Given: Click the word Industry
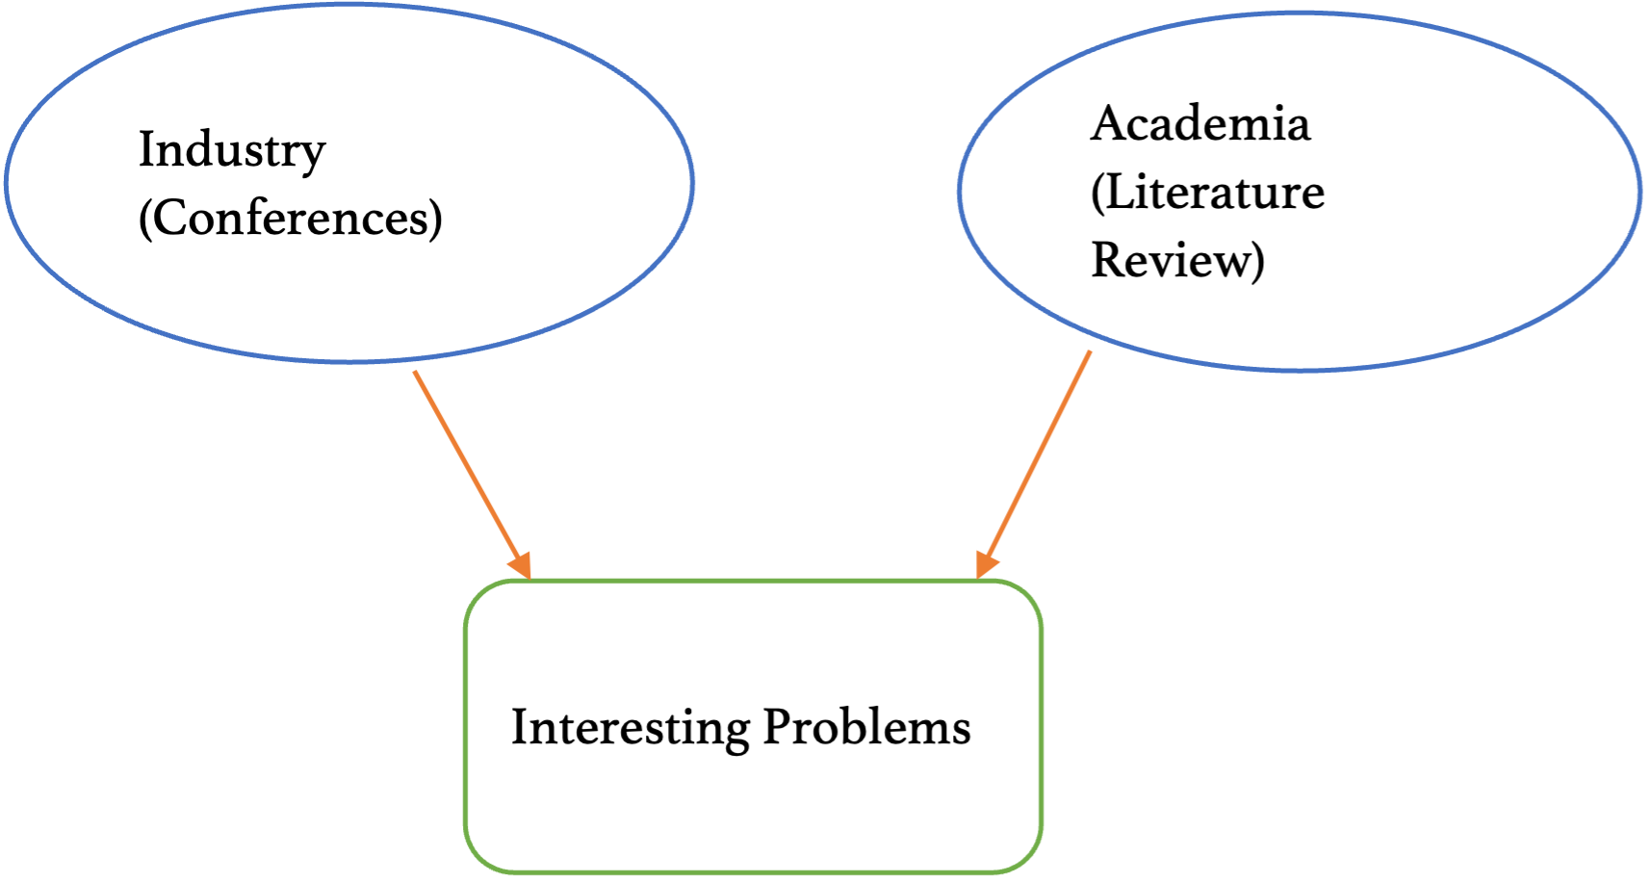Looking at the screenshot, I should tap(232, 152).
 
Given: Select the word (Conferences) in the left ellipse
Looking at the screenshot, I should tap(290, 219).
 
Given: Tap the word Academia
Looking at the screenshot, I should tap(1200, 125).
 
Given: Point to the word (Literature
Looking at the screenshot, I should tap(1207, 193).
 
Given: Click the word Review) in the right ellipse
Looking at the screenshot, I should tap(1176, 261).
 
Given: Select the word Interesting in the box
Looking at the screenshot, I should tap(631, 728).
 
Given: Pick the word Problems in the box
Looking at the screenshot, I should tap(867, 728).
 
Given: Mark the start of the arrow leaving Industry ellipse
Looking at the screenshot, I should tap(415, 373).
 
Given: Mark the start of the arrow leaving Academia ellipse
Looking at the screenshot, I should tap(1091, 352).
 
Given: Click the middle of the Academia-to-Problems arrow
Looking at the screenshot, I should tap(1037, 460).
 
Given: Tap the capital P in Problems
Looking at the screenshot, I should tap(776, 727).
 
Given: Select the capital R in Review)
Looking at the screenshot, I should tap(1107, 260).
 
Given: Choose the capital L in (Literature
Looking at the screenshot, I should tap(1121, 192).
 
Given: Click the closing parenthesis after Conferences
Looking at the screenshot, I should tap(436, 219).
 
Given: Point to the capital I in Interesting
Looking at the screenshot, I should tap(519, 727).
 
